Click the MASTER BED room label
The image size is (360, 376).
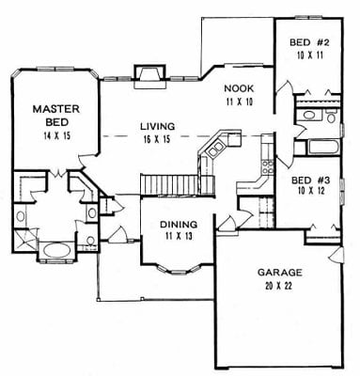point(56,116)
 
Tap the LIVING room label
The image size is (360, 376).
point(157,127)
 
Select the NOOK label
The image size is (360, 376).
point(239,88)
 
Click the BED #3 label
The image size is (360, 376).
point(310,180)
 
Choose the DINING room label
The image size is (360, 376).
point(179,225)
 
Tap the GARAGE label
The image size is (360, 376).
point(280,273)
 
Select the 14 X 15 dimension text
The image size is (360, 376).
point(56,136)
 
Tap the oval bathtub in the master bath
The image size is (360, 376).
point(56,251)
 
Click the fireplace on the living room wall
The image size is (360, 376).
point(149,77)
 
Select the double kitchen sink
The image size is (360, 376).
point(215,149)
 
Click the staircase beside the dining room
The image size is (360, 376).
point(169,185)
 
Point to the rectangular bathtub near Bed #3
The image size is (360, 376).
point(324,148)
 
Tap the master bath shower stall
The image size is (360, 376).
point(25,241)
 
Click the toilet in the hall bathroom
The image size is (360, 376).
point(331,116)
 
